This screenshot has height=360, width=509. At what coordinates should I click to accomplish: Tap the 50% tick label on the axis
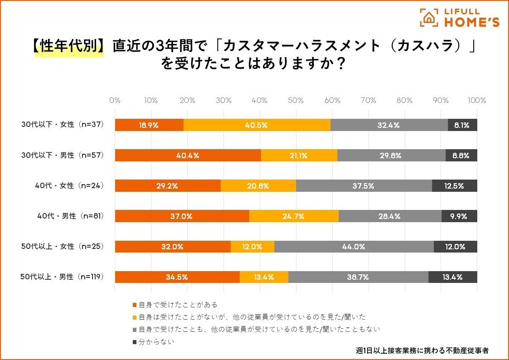pyautogui.click(x=296, y=101)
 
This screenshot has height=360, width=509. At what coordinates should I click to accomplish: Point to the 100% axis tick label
pyautogui.click(x=476, y=101)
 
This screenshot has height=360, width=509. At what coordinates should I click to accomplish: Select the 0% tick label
pyautogui.click(x=115, y=101)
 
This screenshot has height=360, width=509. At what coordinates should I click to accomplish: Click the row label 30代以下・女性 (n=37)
pyautogui.click(x=63, y=125)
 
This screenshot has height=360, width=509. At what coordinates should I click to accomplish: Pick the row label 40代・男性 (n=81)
pyautogui.click(x=71, y=216)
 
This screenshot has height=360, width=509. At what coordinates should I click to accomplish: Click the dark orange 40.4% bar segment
pyautogui.click(x=188, y=156)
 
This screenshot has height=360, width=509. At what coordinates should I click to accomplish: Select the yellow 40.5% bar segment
pyautogui.click(x=257, y=125)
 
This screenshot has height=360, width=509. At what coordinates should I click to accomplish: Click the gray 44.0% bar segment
pyautogui.click(x=354, y=247)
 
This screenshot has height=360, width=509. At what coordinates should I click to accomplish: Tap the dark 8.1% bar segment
pyautogui.click(x=462, y=125)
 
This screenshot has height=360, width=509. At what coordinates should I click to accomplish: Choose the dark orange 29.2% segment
pyautogui.click(x=168, y=186)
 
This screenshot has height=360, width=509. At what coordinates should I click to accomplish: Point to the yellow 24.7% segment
pyautogui.click(x=294, y=216)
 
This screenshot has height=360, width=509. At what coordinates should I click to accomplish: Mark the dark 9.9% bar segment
pyautogui.click(x=459, y=216)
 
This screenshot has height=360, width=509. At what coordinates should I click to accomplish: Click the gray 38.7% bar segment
pyautogui.click(x=358, y=277)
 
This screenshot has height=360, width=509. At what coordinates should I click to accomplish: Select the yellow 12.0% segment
pyautogui.click(x=252, y=247)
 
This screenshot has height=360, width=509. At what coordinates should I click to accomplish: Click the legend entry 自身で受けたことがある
pyautogui.click(x=175, y=305)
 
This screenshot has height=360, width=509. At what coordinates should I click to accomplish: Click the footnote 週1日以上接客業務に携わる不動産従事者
pyautogui.click(x=422, y=350)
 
